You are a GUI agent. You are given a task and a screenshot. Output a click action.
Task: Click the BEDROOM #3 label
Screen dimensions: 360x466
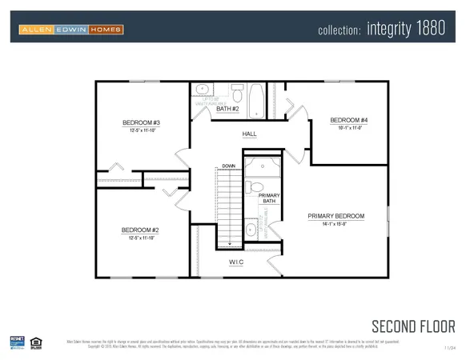pos(142,122)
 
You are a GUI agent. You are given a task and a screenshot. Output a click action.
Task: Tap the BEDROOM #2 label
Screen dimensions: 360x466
pos(142,230)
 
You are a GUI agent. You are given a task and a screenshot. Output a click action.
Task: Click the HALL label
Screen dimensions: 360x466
pos(250,134)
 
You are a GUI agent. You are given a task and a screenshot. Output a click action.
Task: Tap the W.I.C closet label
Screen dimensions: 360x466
pos(235,262)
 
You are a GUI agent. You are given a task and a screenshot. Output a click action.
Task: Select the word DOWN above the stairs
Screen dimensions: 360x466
pos(228,166)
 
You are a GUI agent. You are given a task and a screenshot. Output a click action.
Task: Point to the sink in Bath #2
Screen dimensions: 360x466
pos(203,90)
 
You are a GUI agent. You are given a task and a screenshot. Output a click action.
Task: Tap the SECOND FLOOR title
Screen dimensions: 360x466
pos(413,326)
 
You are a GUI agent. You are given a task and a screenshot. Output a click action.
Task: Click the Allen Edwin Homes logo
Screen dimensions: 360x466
pos(71,30)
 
